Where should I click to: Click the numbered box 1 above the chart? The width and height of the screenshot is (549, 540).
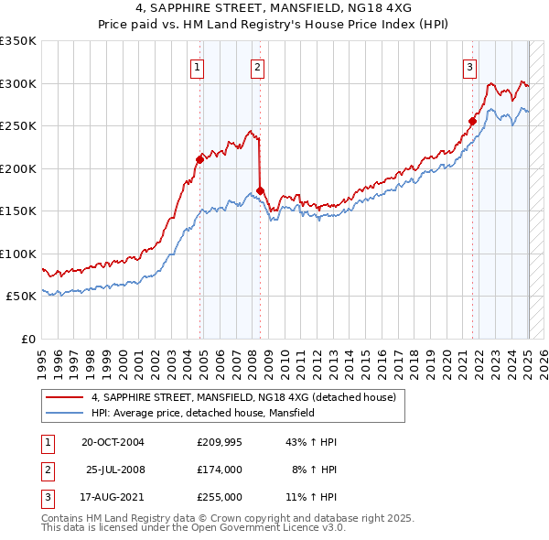[198, 66]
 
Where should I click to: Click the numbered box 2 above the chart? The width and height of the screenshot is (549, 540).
[258, 66]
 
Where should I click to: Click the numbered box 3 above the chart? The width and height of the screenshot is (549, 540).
[468, 66]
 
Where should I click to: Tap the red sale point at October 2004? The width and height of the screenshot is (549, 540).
[199, 159]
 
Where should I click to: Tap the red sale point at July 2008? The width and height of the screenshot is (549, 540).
[261, 190]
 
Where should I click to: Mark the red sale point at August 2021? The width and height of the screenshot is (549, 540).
[473, 121]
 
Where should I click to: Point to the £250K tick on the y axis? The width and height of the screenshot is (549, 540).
[18, 126]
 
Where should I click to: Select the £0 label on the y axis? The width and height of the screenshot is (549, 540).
[28, 339]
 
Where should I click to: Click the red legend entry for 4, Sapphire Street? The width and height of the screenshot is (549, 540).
[243, 397]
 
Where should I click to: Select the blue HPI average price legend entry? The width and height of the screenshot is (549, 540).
[202, 413]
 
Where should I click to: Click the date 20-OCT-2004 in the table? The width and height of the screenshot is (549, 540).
[113, 442]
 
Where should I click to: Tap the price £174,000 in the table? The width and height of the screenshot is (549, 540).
[219, 470]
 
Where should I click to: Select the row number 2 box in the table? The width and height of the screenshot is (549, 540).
[46, 470]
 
